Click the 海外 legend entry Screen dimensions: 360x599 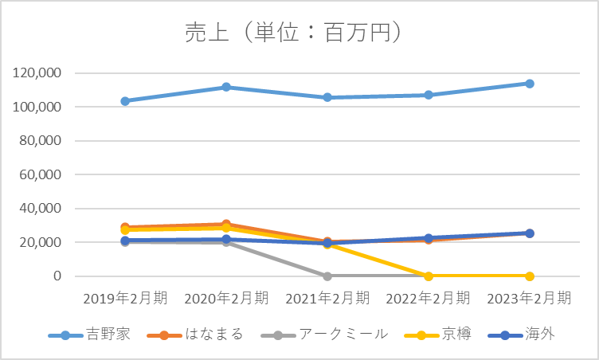tap(538, 335)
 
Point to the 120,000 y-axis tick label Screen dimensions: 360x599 tap(39, 73)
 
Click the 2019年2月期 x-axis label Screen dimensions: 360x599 tap(125, 299)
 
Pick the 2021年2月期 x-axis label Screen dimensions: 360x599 tap(327, 299)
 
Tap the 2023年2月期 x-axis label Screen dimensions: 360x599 tap(530, 299)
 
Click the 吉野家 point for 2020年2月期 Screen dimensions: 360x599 tap(226, 87)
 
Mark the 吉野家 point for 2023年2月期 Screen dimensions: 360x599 tap(530, 84)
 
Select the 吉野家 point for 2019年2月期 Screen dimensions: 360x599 tap(125, 101)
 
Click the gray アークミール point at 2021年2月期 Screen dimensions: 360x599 tap(327, 276)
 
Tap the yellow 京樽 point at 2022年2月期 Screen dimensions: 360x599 tap(429, 276)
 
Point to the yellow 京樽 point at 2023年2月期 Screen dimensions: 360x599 tap(530, 276)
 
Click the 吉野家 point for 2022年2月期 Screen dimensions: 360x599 tap(429, 95)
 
